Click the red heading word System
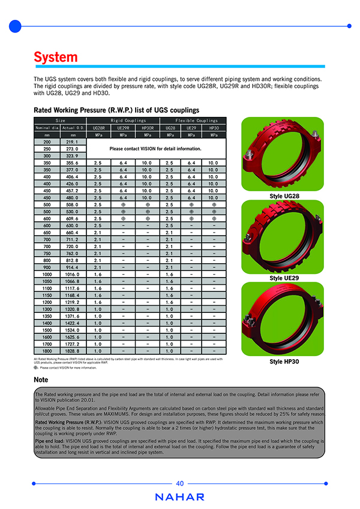click(56, 57)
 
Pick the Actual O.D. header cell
click(72, 128)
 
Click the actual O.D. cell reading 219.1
click(72, 141)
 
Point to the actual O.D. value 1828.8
click(72, 350)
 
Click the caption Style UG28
click(284, 197)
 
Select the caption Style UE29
click(284, 278)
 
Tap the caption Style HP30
click(284, 362)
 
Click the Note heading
click(41, 380)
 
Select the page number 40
click(180, 483)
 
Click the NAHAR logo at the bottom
click(180, 497)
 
